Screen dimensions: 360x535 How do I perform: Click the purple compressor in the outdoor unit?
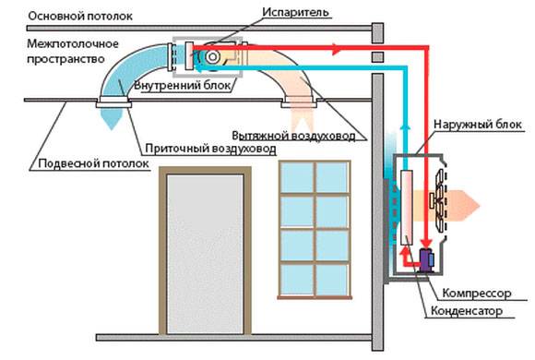(427, 259)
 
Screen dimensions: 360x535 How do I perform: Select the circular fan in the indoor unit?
(211, 57)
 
